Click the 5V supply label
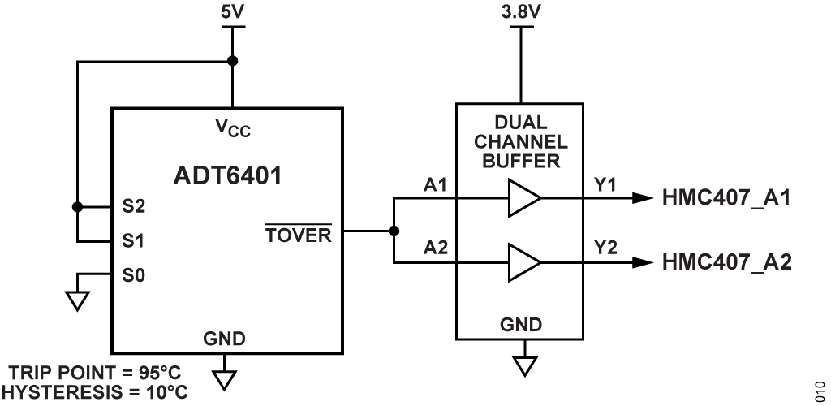(233, 13)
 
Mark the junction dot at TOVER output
(394, 231)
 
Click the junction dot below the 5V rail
(233, 61)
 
